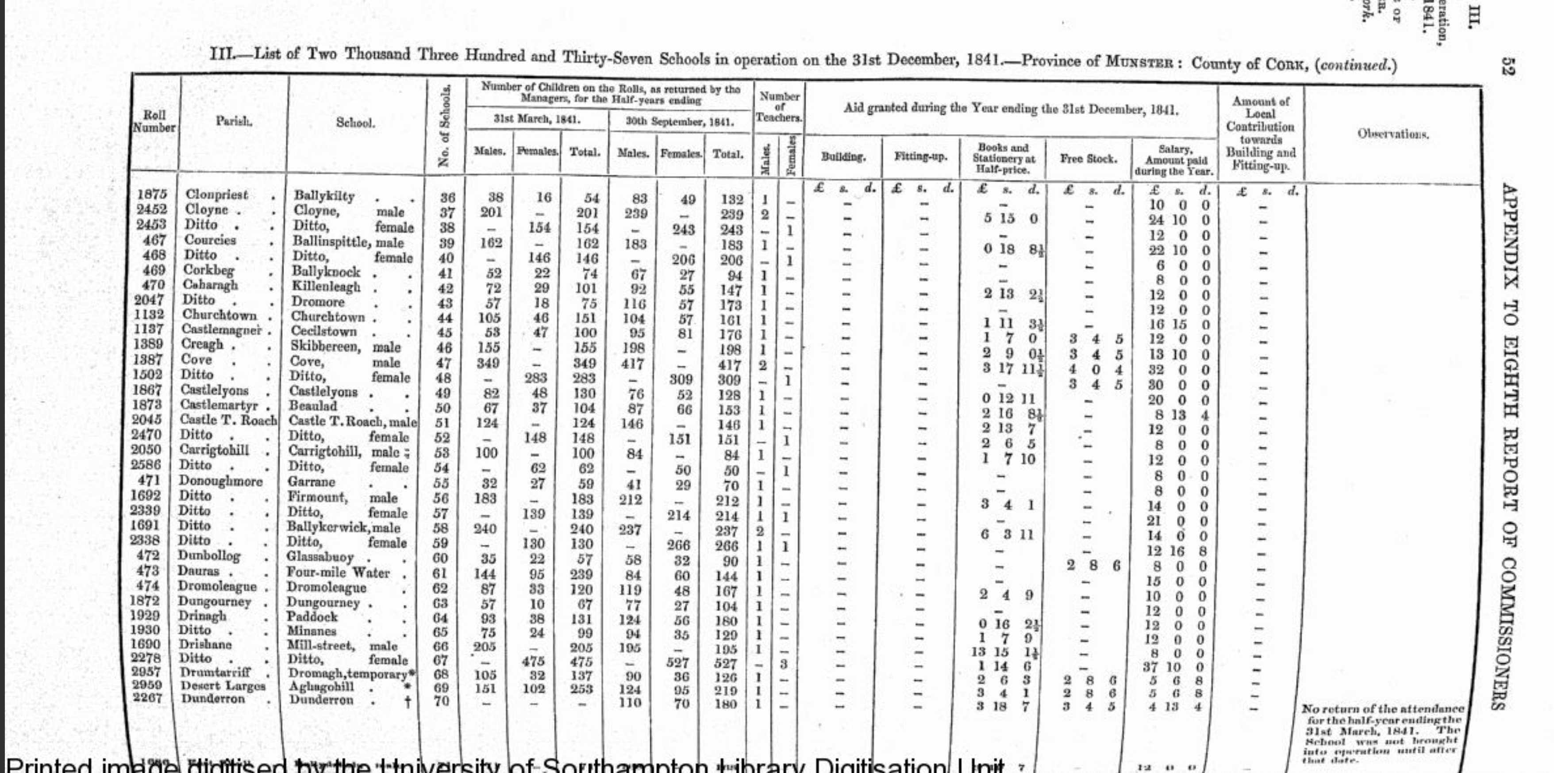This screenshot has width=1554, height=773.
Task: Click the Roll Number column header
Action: (x=154, y=121)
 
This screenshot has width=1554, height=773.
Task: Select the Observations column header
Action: (x=1393, y=134)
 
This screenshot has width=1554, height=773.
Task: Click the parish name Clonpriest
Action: (x=216, y=195)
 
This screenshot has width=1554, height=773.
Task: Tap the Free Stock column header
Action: (x=1088, y=159)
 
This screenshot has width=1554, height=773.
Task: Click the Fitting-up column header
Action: (x=920, y=157)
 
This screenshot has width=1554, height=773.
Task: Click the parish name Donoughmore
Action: (x=220, y=481)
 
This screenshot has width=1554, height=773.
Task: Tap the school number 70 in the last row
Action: (x=442, y=700)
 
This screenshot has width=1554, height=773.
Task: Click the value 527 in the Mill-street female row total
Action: (x=726, y=663)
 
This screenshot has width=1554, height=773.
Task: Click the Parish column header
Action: (x=234, y=121)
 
